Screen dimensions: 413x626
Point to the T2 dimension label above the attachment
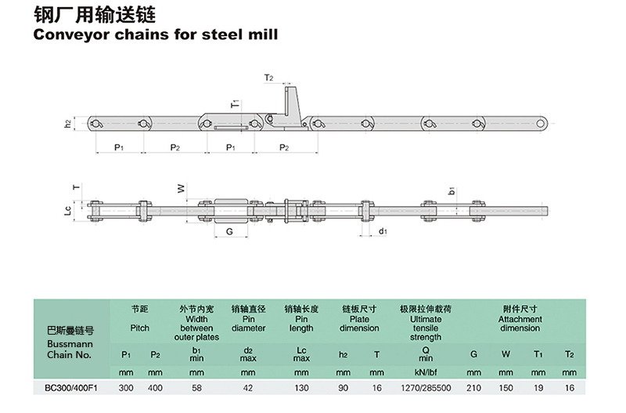pos(268,78)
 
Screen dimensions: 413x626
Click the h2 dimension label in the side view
pos(68,123)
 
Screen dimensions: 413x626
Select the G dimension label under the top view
pos(229,232)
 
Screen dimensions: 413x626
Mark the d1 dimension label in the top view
pos(383,231)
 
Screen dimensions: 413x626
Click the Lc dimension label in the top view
pos(68,209)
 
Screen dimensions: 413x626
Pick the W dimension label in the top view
pos(180,188)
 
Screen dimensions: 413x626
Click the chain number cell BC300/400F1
pos(70,388)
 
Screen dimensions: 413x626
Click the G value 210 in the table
pos(473,388)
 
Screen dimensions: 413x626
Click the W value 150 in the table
pos(505,388)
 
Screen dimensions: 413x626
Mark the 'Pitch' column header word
pos(139,328)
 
